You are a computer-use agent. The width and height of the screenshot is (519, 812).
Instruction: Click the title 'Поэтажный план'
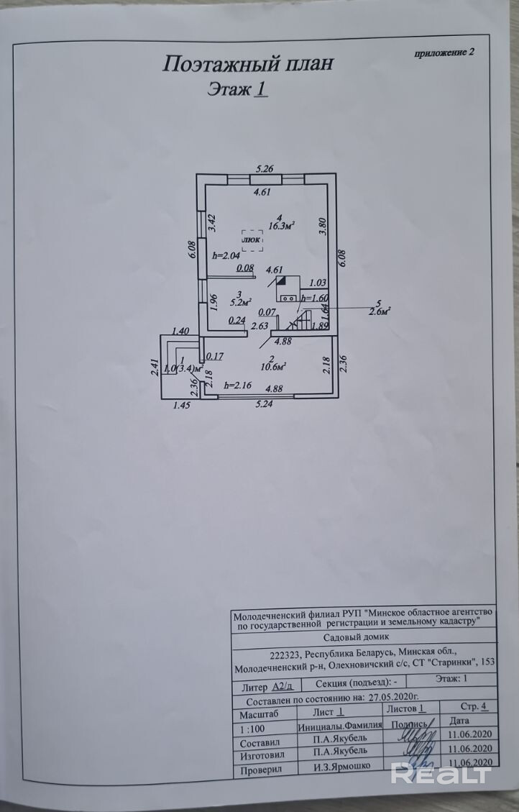[x=248, y=65]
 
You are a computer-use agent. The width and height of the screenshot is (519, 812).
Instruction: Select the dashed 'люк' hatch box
[x=252, y=240]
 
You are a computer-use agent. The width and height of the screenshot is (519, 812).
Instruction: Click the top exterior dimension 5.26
[x=267, y=170]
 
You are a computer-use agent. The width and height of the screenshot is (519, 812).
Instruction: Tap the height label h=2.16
[x=236, y=386]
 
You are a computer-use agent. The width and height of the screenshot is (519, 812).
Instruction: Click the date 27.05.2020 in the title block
[x=392, y=697]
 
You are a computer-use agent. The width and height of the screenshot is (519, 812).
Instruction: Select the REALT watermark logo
[x=441, y=774]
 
